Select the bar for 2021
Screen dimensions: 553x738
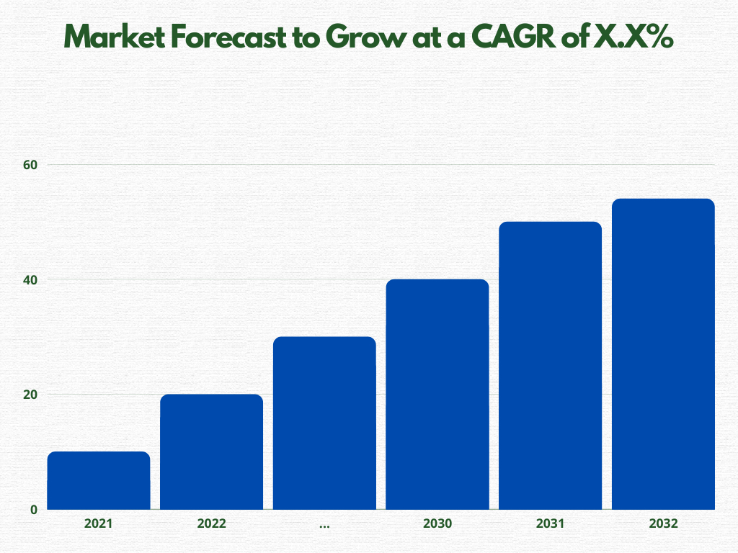pos(99,480)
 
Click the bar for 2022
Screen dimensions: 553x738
pos(211,451)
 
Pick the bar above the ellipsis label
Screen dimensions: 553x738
pos(324,423)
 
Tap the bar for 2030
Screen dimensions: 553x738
pos(437,394)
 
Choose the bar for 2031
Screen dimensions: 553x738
pos(551,365)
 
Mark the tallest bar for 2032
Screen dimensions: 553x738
pos(663,354)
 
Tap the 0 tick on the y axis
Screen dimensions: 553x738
pos(33,510)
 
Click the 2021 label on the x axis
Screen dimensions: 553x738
pos(99,524)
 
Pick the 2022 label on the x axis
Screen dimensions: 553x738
pos(211,524)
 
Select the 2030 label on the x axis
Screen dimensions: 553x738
pos(437,524)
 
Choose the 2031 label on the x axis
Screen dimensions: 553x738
pos(551,524)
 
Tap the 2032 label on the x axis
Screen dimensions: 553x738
pos(663,524)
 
